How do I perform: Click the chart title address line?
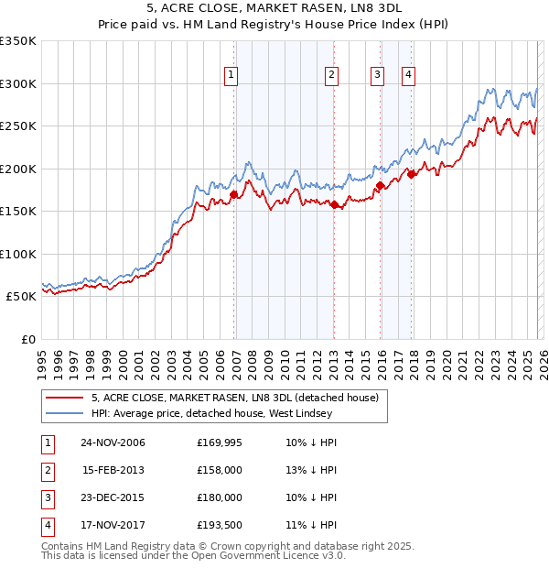(274, 8)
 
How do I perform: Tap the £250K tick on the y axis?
(18, 126)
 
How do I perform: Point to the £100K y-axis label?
(18, 254)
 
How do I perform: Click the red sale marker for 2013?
(334, 204)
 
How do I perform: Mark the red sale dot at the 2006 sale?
(234, 194)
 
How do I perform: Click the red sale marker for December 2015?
(380, 186)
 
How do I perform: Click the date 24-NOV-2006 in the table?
(113, 442)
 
